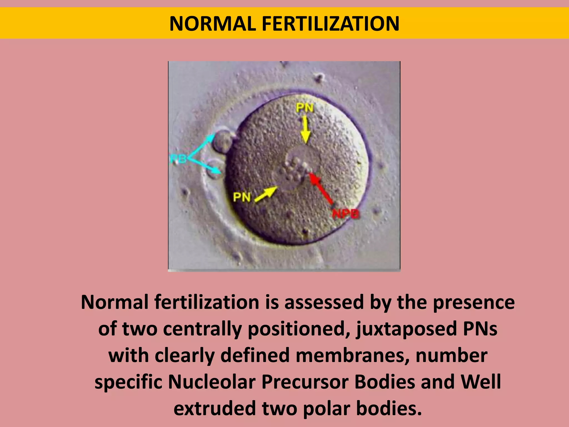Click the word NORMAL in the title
click(213, 24)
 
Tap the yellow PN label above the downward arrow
click(305, 108)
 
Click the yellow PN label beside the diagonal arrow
click(242, 197)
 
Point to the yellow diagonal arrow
click(266, 194)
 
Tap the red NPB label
click(346, 214)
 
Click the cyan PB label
click(178, 159)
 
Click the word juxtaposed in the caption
click(406, 329)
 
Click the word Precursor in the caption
click(305, 382)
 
